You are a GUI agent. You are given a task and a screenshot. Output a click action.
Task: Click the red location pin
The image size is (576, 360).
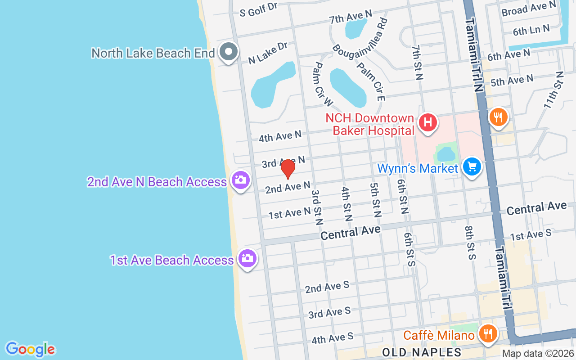coord(288,169)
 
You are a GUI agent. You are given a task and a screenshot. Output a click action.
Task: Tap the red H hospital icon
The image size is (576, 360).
coord(428,122)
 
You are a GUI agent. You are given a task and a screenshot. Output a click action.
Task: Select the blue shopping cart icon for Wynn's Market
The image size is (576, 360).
coord(472,167)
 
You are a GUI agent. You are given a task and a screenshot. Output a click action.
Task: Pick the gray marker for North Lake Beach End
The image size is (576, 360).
coord(229,52)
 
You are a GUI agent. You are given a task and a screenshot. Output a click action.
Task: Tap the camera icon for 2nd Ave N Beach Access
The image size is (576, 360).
coord(241,180)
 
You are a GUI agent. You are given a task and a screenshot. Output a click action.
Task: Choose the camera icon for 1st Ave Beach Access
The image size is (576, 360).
coord(247,259)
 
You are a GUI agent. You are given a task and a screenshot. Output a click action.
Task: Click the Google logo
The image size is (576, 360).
coord(30,349)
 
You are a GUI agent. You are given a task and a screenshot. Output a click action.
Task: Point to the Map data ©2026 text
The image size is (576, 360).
coord(538,354)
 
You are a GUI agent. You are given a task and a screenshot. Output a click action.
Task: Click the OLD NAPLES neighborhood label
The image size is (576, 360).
coord(422,351)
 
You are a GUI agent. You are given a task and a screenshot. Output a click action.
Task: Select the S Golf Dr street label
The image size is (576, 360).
coord(259,9)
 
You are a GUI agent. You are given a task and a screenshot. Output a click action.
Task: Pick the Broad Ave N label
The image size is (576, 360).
coord(529,9)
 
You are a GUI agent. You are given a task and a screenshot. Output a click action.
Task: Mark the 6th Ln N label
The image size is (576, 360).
coord(531,30)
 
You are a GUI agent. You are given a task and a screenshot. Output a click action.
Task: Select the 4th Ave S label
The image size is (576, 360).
coord(332,338)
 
